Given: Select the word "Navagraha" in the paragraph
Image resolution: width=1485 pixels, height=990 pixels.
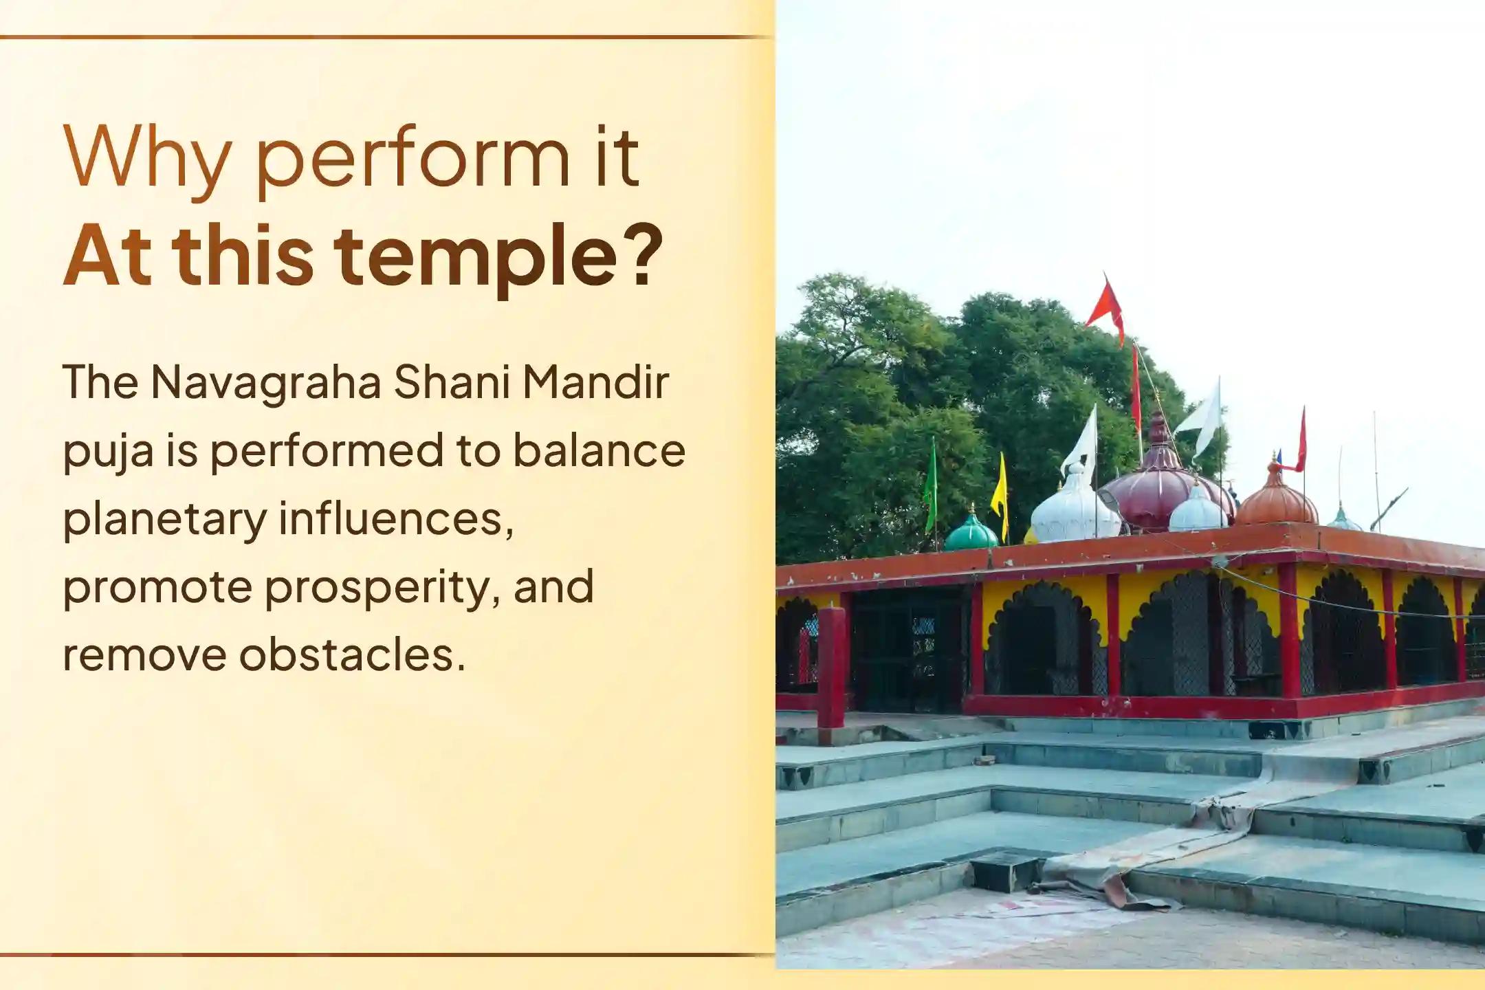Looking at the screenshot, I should (265, 382).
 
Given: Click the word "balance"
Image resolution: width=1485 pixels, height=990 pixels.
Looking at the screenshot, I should (599, 451).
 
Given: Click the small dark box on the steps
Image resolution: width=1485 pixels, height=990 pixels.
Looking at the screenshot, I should (1006, 870).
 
